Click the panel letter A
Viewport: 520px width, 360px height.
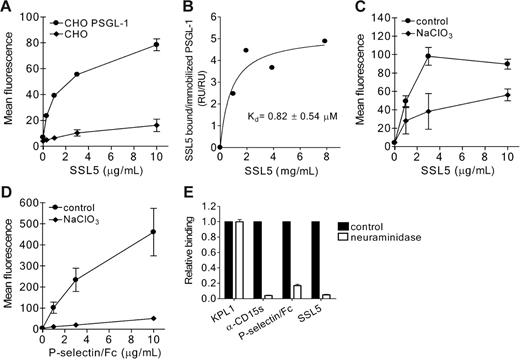click(7, 8)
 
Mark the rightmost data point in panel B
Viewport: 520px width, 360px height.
click(324, 41)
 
